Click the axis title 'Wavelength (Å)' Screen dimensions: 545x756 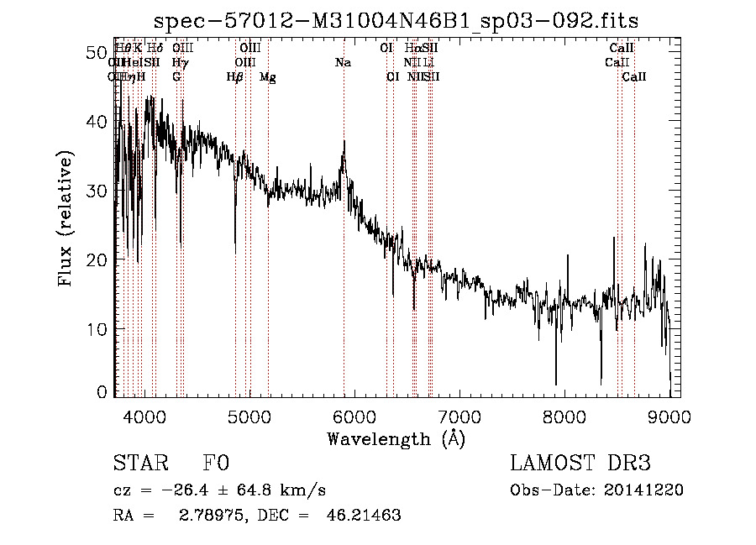click(x=396, y=438)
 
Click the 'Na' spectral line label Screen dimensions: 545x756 click(x=343, y=63)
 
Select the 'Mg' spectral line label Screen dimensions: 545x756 click(x=267, y=77)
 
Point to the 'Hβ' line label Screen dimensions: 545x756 click(x=234, y=77)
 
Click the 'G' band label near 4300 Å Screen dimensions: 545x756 click(x=176, y=77)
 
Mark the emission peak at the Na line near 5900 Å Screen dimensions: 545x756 click(x=344, y=142)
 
